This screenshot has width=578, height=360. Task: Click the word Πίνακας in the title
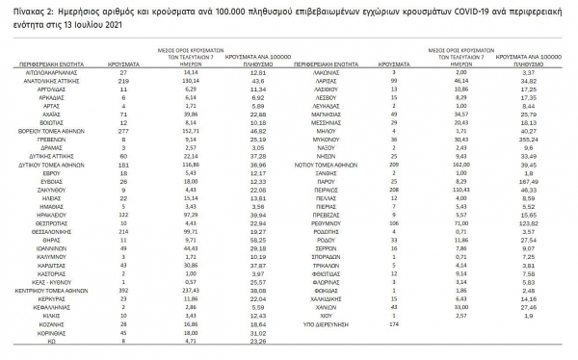[21, 9]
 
